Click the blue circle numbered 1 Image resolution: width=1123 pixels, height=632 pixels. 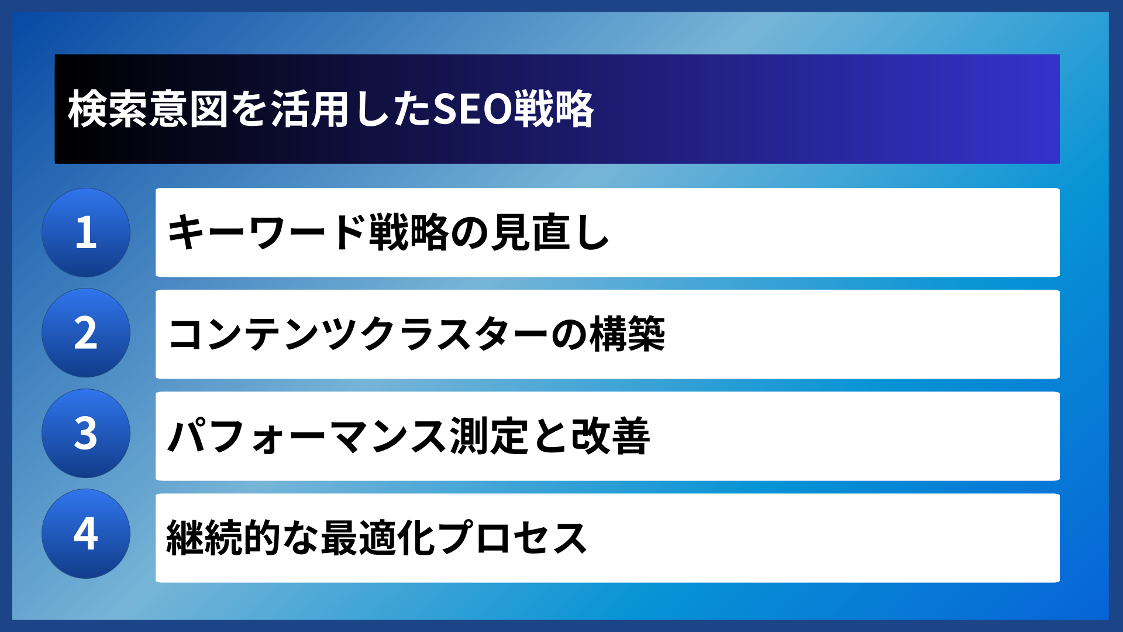(86, 232)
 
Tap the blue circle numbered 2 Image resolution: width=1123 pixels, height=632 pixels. (86, 333)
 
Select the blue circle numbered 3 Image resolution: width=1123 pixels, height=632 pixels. (86, 434)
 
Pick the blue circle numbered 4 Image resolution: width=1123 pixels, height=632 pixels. (86, 534)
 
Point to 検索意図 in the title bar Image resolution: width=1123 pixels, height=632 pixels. (148, 109)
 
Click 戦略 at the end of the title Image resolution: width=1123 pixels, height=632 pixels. (554, 109)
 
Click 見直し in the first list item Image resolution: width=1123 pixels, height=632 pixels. (550, 232)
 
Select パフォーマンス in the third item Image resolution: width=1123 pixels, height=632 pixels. (307, 436)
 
